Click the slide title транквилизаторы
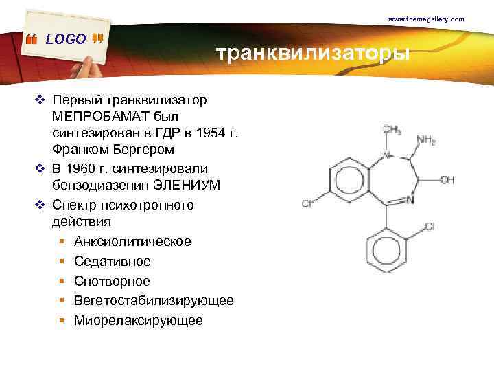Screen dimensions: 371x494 [312, 54]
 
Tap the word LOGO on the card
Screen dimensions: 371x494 [66, 39]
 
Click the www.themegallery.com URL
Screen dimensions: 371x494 [426, 19]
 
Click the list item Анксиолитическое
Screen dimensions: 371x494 [133, 242]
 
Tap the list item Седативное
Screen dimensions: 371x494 [113, 262]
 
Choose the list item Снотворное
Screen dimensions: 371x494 [112, 281]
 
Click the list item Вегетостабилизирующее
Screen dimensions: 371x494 [154, 301]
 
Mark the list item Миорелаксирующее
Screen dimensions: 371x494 [139, 320]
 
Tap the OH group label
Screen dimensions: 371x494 [447, 180]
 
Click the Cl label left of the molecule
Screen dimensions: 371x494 [307, 203]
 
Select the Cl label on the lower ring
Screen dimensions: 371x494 [430, 226]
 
